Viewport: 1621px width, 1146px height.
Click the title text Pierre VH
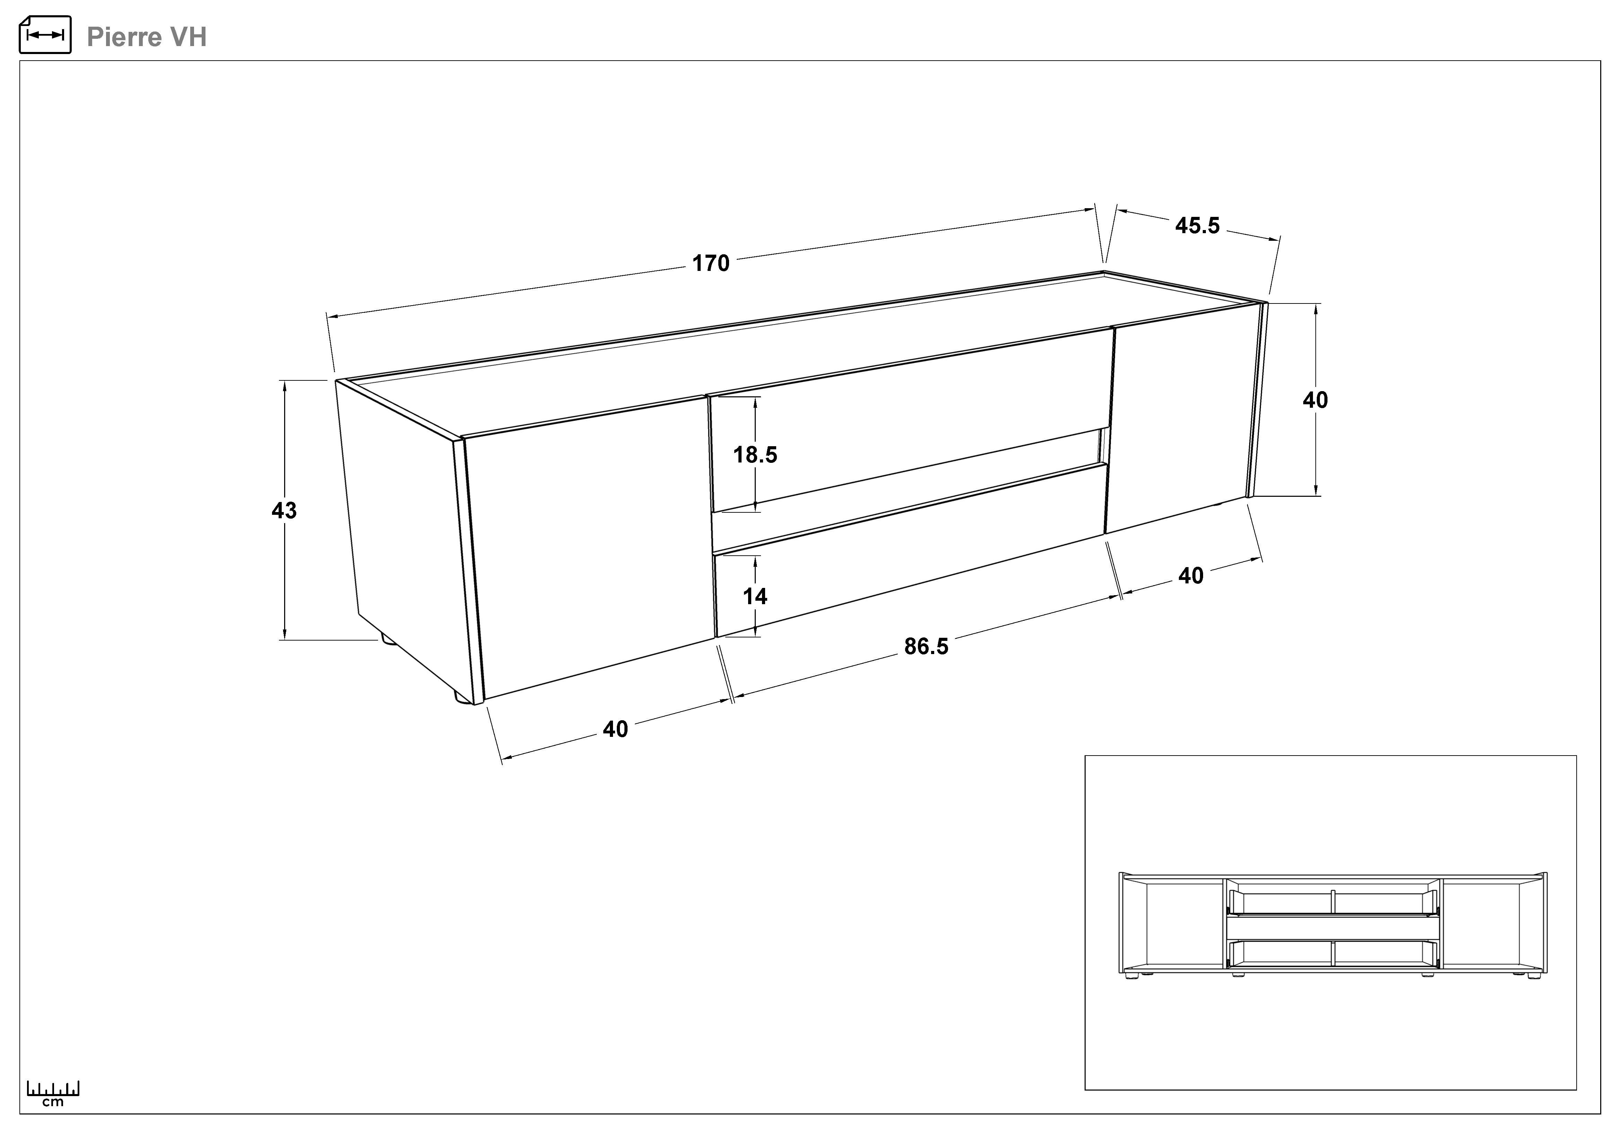pyautogui.click(x=146, y=37)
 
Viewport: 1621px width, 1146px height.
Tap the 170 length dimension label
pyautogui.click(x=710, y=263)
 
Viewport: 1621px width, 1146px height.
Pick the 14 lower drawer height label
pyautogui.click(x=755, y=596)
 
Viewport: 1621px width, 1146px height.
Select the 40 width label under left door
pyautogui.click(x=615, y=729)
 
